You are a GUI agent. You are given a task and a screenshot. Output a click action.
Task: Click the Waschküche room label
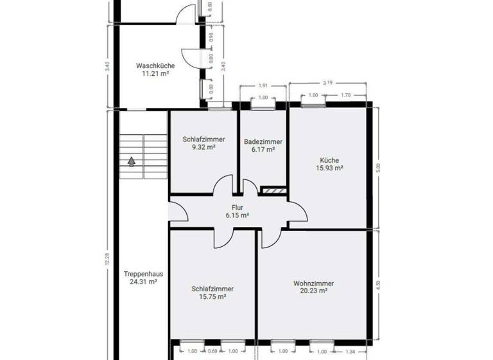[x=155, y=66]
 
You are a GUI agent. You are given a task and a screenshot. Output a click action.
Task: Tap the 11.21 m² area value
[x=155, y=74]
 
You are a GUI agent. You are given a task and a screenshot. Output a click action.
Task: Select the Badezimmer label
[x=263, y=141]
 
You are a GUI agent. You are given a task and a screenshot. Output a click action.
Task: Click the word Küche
[x=329, y=160]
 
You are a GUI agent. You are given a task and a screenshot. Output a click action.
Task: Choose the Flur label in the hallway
[x=237, y=208]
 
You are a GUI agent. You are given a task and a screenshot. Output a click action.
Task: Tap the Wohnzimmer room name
[x=313, y=283]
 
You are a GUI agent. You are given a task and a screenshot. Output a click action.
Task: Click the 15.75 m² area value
[x=212, y=297]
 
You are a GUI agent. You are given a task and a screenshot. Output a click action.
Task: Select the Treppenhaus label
[x=143, y=273]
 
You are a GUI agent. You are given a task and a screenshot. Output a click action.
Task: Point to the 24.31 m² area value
[x=143, y=282]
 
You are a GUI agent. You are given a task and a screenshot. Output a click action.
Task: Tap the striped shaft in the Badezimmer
[x=273, y=190]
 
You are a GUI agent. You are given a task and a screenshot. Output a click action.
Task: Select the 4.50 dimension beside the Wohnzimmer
[x=378, y=285]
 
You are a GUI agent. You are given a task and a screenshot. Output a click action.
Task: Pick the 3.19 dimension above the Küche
[x=327, y=82]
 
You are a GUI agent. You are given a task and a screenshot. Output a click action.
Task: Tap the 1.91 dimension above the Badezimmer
[x=263, y=85]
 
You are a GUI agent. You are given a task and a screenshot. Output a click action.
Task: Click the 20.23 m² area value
[x=313, y=291]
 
